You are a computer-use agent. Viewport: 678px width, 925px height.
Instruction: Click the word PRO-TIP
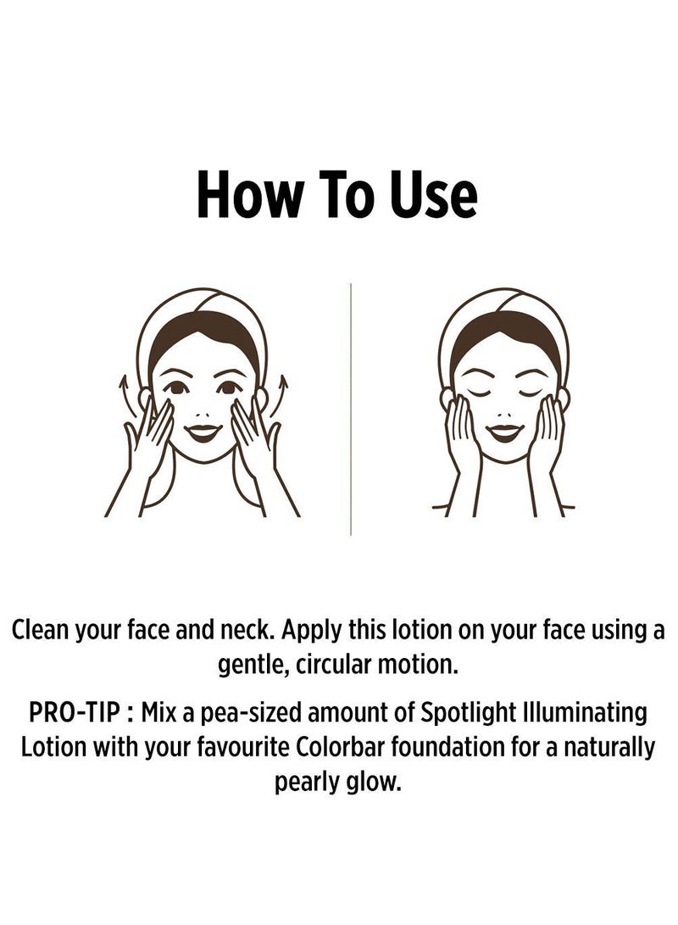pyautogui.click(x=75, y=714)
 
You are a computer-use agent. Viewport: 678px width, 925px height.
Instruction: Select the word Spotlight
pyautogui.click(x=451, y=714)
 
